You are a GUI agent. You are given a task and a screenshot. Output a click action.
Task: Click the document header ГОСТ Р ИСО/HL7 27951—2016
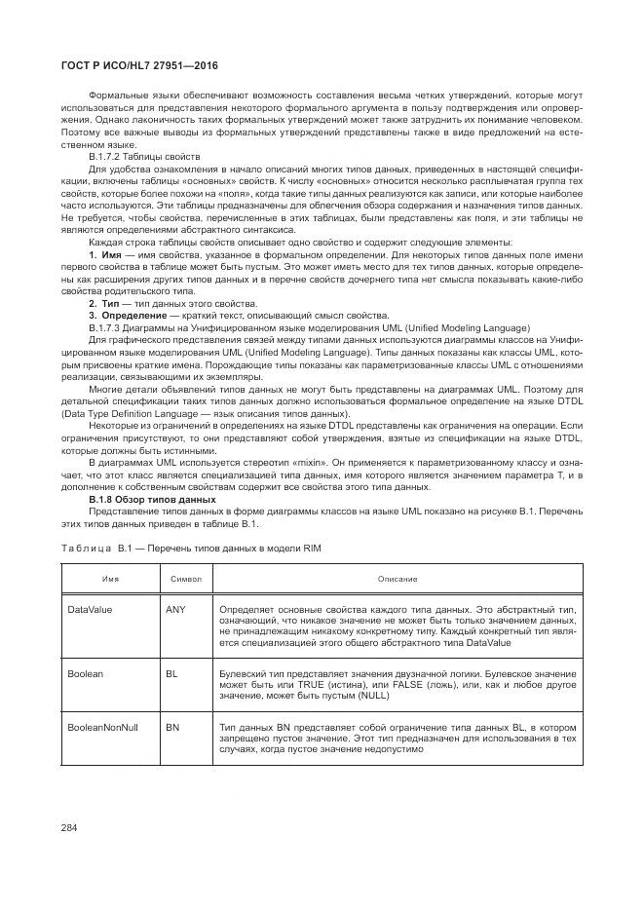coord(138,65)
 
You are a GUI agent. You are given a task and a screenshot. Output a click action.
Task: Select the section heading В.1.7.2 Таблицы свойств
coord(144,156)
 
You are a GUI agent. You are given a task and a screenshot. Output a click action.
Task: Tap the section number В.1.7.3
coord(108,327)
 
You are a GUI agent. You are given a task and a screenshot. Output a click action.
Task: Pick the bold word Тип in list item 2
coord(109,303)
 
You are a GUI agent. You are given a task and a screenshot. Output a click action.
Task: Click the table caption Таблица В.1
coord(90,549)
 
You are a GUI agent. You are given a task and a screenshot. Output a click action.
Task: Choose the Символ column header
coord(185,579)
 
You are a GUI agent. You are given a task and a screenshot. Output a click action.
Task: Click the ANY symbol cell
coord(175,609)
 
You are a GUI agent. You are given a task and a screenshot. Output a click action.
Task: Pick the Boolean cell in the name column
coord(85,673)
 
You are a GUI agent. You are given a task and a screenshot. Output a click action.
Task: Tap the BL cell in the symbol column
coord(171,673)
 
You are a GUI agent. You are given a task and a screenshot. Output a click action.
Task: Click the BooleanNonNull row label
coord(102,727)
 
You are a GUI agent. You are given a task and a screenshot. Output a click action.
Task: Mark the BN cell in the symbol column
coord(171,727)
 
